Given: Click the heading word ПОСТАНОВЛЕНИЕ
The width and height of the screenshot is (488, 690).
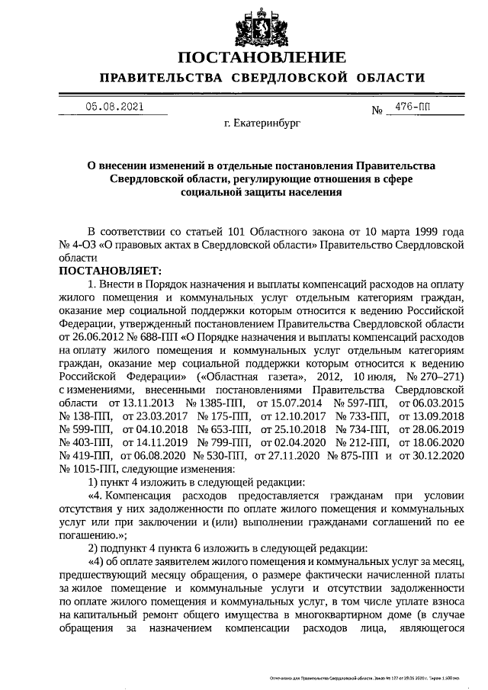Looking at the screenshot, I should tap(262, 58).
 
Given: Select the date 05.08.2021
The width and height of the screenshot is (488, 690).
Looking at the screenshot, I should tap(114, 108).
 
